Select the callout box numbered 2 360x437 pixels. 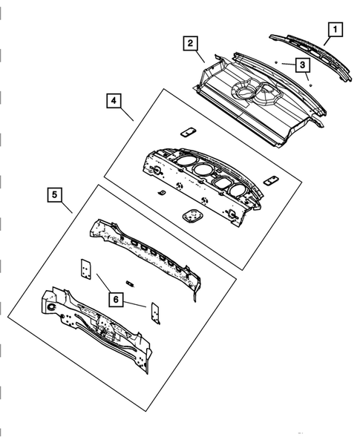pos(192,45)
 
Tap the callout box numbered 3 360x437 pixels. pos(303,65)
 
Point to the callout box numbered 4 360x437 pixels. pos(114,99)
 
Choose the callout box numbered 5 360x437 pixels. pos(56,195)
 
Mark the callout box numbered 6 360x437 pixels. pos(117,298)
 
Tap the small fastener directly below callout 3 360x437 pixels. pos(310,86)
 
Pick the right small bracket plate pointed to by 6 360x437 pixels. pos(156,312)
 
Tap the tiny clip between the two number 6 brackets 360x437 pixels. pos(131,283)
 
